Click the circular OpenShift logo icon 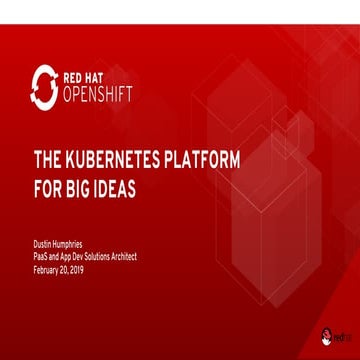click(43, 86)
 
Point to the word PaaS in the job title click(42, 256)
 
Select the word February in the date click(46, 267)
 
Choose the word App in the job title click(66, 256)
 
